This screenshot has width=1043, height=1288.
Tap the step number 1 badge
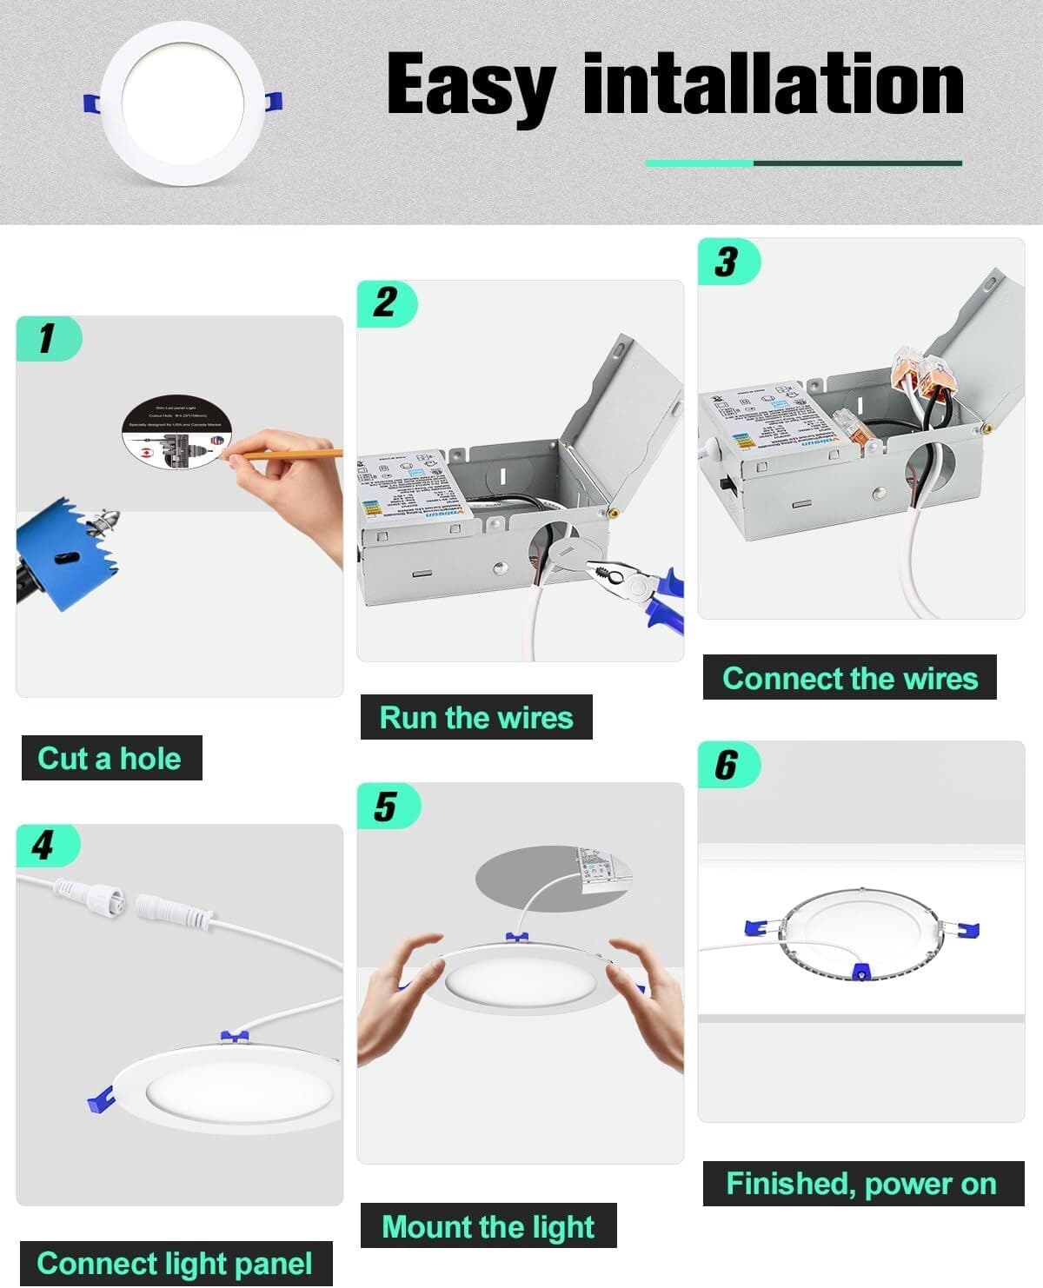48,338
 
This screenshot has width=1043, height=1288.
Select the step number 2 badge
386,303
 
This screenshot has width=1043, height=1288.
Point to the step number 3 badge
727,262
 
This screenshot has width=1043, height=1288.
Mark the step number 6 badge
727,765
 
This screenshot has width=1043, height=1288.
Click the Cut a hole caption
110,758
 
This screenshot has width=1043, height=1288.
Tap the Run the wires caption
476,717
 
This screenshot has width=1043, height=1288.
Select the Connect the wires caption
849,678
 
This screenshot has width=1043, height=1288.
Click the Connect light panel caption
175,1263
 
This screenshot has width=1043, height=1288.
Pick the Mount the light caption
488,1226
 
